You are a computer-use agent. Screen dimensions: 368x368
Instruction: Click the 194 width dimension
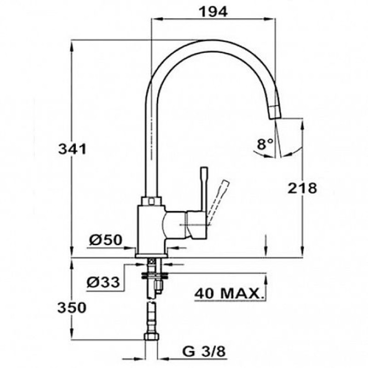click(213, 12)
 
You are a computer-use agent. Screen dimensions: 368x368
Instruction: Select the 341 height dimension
click(73, 149)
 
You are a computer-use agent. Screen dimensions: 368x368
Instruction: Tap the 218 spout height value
click(302, 188)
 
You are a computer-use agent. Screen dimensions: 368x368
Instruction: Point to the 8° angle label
click(265, 144)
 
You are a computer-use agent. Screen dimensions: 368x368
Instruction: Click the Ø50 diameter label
click(106, 240)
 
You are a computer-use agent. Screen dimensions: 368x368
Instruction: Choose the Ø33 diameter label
click(103, 282)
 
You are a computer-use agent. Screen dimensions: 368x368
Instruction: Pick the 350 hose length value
click(72, 308)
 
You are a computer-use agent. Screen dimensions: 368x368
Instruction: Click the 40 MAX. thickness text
click(229, 293)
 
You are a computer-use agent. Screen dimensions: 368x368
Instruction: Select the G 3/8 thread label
click(204, 351)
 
